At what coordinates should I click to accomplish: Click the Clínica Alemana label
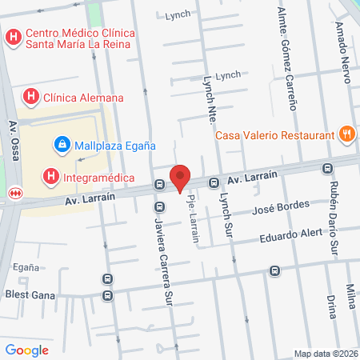coord(84,98)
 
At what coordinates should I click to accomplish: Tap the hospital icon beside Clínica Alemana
coord(31,98)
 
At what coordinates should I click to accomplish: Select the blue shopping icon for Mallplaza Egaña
coord(60,145)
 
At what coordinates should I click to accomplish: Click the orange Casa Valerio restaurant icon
coord(346,134)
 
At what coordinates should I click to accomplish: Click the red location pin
coord(181,178)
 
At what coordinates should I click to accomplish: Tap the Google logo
coord(26,350)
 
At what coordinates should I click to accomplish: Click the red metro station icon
coord(14,192)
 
